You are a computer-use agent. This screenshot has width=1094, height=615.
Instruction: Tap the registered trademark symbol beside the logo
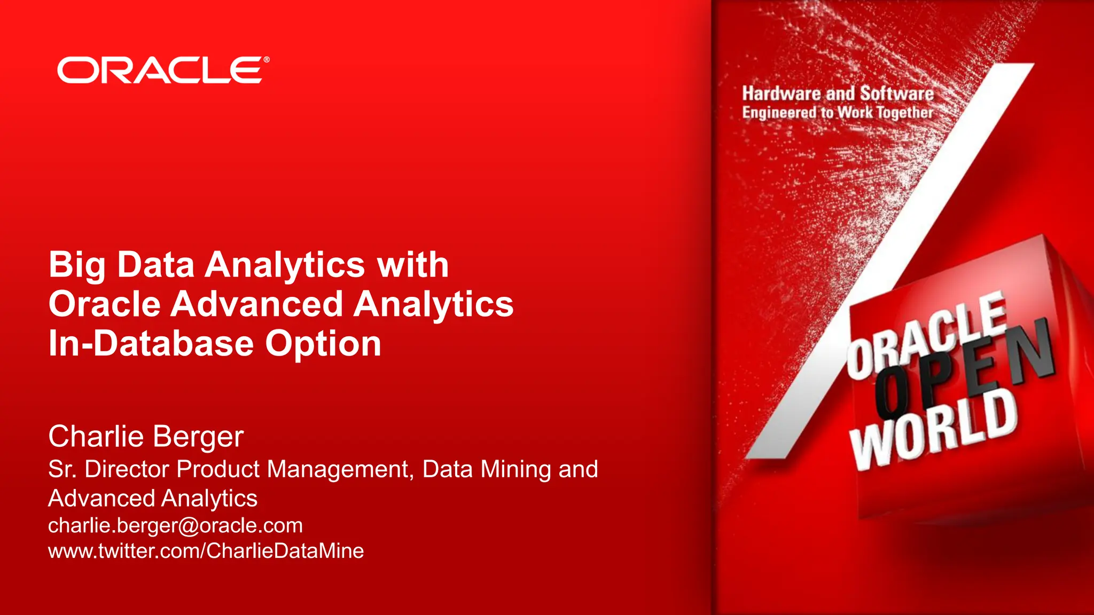click(267, 60)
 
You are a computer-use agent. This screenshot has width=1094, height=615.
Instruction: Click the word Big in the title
click(77, 265)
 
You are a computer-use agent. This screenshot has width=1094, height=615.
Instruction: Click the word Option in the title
click(323, 343)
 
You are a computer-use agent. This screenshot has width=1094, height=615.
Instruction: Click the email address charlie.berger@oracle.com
click(175, 525)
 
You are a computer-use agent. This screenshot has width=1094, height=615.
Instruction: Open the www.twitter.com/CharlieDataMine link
click(206, 550)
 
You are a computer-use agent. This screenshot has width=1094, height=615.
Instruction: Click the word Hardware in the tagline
click(782, 94)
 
